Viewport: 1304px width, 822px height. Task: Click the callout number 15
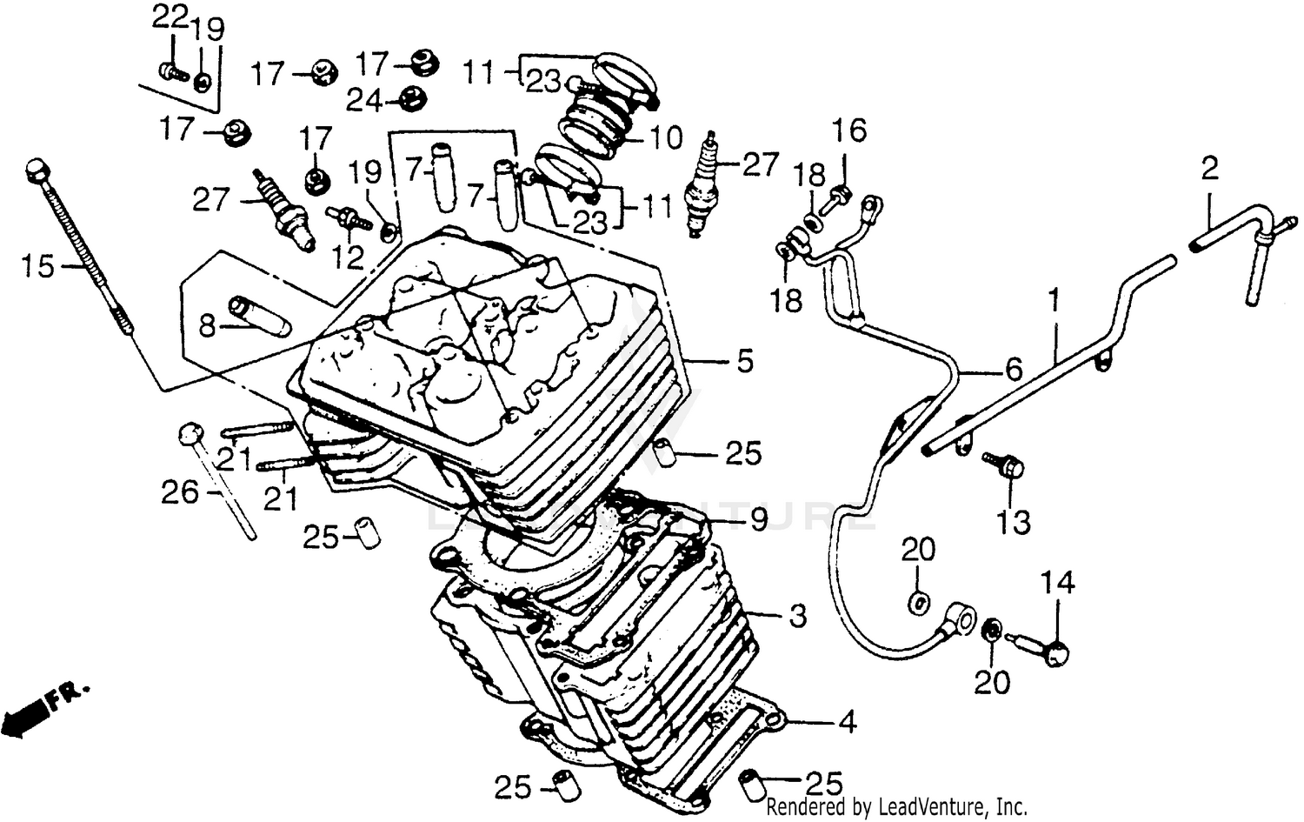[38, 266]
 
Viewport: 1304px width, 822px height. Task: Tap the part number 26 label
[180, 492]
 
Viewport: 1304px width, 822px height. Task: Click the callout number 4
[847, 721]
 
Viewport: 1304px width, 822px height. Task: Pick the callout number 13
[1014, 522]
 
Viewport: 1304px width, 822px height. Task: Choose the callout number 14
[1058, 582]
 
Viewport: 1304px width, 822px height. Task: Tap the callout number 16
[849, 130]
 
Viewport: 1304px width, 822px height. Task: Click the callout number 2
[1210, 168]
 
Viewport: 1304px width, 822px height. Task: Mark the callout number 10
[667, 137]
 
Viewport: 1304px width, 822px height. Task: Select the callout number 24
[364, 101]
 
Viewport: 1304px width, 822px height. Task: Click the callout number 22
[170, 17]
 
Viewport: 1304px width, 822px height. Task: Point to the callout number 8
[206, 326]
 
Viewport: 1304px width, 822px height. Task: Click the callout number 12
[348, 257]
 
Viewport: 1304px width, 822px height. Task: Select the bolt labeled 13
[1004, 464]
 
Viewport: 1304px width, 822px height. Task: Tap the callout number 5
[745, 361]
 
